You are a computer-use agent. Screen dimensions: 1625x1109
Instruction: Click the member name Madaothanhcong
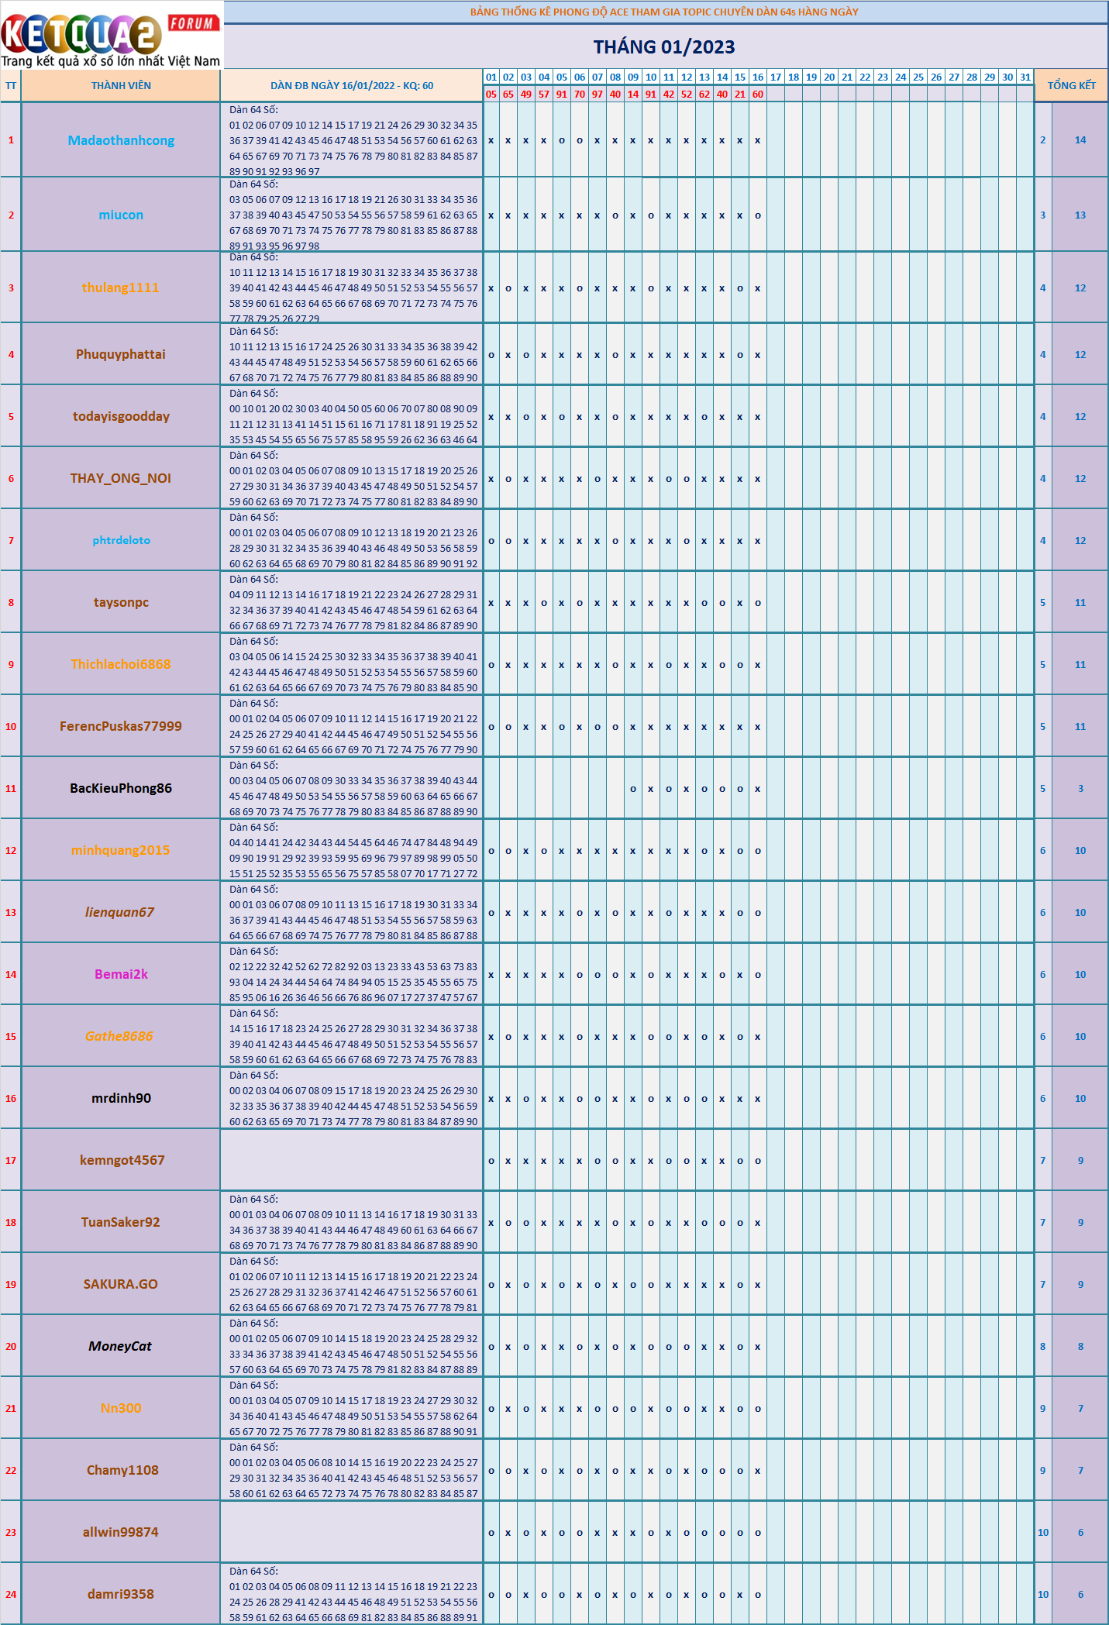pyautogui.click(x=121, y=140)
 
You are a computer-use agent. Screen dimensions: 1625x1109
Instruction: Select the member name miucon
pyautogui.click(x=121, y=215)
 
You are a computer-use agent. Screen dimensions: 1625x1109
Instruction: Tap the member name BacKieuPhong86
pyautogui.click(x=121, y=788)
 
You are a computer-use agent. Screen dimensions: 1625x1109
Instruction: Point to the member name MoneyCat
pyautogui.click(x=120, y=1346)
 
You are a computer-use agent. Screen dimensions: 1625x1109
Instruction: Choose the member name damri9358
pyautogui.click(x=121, y=1594)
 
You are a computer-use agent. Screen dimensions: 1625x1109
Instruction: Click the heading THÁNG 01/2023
pyautogui.click(x=664, y=46)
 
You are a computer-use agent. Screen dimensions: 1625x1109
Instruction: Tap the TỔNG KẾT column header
pyautogui.click(x=1072, y=85)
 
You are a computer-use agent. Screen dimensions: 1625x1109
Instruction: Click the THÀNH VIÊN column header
pyautogui.click(x=121, y=85)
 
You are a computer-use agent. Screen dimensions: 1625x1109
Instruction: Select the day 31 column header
pyautogui.click(x=1025, y=77)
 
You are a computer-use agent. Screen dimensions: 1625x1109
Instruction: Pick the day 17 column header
pyautogui.click(x=776, y=77)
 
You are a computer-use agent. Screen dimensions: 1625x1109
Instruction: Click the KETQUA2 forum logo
pyautogui.click(x=111, y=35)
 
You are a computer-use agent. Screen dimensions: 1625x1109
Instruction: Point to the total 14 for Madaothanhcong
pyautogui.click(x=1080, y=140)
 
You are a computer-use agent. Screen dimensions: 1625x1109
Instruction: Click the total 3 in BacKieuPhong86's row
pyautogui.click(x=1080, y=788)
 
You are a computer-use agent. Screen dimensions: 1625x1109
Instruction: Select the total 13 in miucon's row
pyautogui.click(x=1080, y=215)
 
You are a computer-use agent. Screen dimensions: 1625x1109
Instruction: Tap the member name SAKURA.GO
pyautogui.click(x=121, y=1284)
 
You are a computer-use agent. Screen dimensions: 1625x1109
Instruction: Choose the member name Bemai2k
pyautogui.click(x=121, y=974)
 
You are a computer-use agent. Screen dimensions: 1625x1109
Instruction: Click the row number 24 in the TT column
pyautogui.click(x=11, y=1594)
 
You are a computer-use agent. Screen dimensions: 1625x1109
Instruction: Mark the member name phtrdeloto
pyautogui.click(x=121, y=540)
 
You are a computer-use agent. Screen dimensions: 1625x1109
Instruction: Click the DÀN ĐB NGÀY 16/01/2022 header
pyautogui.click(x=352, y=85)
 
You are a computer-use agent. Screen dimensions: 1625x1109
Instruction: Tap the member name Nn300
pyautogui.click(x=121, y=1408)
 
